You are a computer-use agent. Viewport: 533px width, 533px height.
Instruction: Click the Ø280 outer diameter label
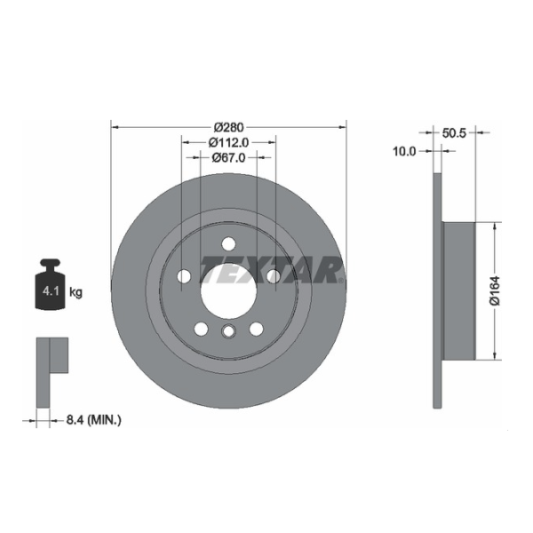(x=229, y=127)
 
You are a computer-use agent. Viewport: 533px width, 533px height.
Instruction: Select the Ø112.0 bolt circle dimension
(x=228, y=142)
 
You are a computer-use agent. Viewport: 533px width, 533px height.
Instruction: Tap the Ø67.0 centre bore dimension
(x=228, y=157)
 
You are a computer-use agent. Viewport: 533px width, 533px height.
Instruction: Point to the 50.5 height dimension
(x=454, y=133)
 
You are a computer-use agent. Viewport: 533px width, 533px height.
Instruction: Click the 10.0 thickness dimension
(x=404, y=151)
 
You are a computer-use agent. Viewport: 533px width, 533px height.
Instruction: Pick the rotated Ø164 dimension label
(x=495, y=290)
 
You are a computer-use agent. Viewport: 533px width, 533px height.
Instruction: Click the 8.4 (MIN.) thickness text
(x=93, y=420)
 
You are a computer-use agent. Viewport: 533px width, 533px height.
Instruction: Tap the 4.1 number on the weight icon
(x=51, y=291)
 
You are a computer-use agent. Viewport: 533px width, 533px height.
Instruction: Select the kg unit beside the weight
(x=76, y=292)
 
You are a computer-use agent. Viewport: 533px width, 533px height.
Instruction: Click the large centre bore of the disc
(x=228, y=291)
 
